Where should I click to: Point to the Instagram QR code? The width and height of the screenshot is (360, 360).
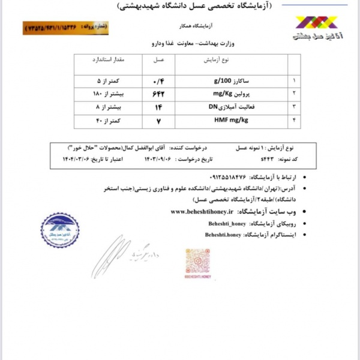point(197,261)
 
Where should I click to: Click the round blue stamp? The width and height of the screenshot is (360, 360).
point(60,230)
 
